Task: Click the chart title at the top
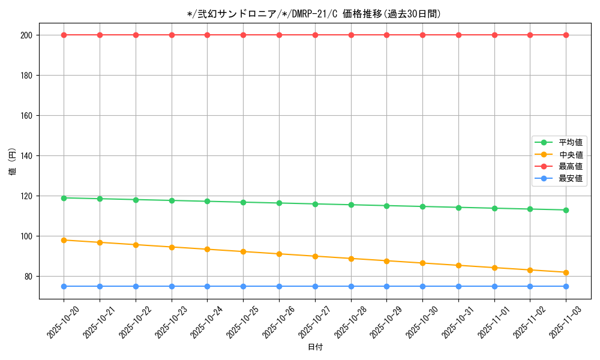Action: pos(314,14)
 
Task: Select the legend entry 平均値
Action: pos(570,142)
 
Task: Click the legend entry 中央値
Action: pos(570,154)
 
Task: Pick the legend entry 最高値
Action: pos(570,166)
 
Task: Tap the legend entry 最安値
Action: pos(570,178)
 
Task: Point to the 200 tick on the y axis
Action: pos(26,35)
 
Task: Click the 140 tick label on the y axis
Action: pos(26,155)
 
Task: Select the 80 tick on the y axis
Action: pos(28,276)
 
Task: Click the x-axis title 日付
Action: pos(314,347)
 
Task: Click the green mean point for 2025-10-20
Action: pos(64,197)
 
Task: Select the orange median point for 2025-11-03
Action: pos(566,272)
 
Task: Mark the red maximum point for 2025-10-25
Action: pos(243,35)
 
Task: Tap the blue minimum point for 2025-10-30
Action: pos(422,286)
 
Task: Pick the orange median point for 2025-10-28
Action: pos(351,259)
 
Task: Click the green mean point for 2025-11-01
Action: pos(494,208)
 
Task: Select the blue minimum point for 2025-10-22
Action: pos(136,286)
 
